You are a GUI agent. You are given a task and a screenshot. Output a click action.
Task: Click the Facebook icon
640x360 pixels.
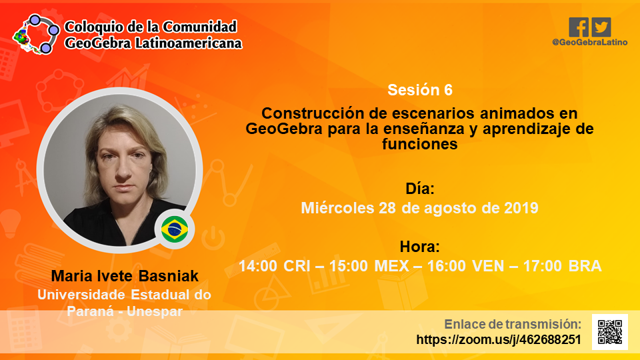[579, 27]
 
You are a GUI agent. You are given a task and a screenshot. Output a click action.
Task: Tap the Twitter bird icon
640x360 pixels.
[601, 27]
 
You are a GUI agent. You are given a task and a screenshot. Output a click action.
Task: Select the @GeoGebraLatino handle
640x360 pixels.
[589, 43]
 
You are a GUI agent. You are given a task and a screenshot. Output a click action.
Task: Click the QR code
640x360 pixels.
[610, 332]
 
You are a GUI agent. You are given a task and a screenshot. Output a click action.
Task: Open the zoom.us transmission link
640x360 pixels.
[499, 339]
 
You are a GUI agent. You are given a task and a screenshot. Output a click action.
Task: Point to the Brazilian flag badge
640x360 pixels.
[175, 229]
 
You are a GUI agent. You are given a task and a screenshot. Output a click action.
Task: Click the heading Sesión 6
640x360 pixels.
[420, 90]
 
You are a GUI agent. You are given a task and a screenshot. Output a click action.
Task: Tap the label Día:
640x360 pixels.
[420, 189]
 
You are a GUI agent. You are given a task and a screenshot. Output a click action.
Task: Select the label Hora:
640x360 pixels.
[420, 247]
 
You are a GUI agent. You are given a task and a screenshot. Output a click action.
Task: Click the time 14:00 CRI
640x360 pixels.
[275, 266]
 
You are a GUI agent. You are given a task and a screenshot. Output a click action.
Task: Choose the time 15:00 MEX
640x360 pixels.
[369, 266]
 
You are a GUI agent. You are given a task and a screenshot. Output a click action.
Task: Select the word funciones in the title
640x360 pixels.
[420, 144]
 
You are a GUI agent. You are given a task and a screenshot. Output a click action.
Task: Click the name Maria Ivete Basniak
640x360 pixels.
[125, 276]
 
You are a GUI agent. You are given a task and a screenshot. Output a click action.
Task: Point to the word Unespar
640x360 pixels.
[155, 311]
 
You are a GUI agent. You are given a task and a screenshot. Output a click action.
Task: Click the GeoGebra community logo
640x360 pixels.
[36, 34]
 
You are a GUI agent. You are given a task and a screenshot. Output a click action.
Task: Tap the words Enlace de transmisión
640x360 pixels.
[513, 324]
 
